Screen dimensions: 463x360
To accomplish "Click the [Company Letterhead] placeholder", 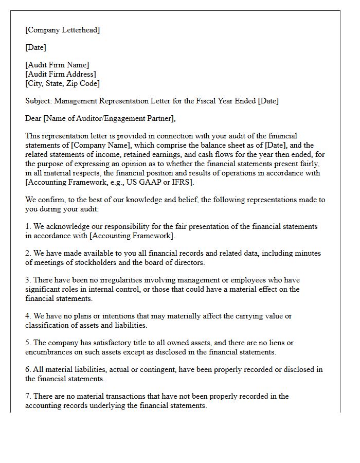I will click(63, 30).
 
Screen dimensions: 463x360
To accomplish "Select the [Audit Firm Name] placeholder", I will click(57, 65).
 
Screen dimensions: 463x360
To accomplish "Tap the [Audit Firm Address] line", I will click(61, 74).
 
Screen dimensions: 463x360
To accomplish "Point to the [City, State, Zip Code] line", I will click(63, 83).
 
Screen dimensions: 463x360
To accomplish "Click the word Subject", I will click(38, 101).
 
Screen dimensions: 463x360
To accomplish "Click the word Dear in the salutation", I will click(33, 118).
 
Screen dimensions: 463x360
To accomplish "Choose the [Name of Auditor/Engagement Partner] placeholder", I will click(110, 118).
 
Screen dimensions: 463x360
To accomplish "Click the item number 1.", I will click(28, 226).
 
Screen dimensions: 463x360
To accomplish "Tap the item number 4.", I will click(28, 316).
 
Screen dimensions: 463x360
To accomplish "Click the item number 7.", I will click(28, 396).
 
